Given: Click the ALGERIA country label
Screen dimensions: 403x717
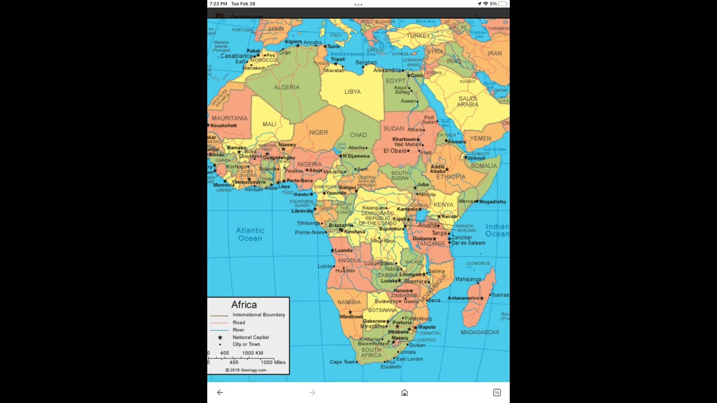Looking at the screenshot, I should pos(286,87).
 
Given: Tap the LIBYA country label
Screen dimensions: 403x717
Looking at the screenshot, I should pos(352,92).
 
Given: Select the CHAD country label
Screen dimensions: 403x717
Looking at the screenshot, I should pos(358,135).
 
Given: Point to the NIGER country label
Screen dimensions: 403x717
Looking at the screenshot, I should pos(318,133).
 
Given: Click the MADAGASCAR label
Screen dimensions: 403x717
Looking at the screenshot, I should pos(479,332).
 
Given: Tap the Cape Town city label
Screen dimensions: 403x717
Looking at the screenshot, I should pos(342,362).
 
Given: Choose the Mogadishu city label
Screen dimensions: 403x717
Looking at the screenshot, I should pos(492,201).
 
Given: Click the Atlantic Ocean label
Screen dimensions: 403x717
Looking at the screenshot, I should pos(250,234).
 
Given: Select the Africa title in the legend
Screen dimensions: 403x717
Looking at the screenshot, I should pos(244,304).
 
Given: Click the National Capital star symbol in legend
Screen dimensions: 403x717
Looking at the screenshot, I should pos(220,338).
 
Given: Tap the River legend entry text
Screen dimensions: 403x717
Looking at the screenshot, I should pos(239,330).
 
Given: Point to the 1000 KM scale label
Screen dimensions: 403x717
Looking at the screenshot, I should pos(253,353).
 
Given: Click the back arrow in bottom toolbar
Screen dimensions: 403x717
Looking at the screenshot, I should pos(220,392).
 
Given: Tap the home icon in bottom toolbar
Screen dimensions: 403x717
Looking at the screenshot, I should pos(404,392).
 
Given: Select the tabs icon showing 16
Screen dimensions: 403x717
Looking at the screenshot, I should pos(496,392).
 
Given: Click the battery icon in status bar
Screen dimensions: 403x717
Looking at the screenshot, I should pos(502,4).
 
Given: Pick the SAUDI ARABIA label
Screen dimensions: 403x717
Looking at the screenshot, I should pos(468,101).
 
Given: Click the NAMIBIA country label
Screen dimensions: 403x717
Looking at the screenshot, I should pos(349,302).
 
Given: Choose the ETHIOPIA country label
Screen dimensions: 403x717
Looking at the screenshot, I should pos(450,177).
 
